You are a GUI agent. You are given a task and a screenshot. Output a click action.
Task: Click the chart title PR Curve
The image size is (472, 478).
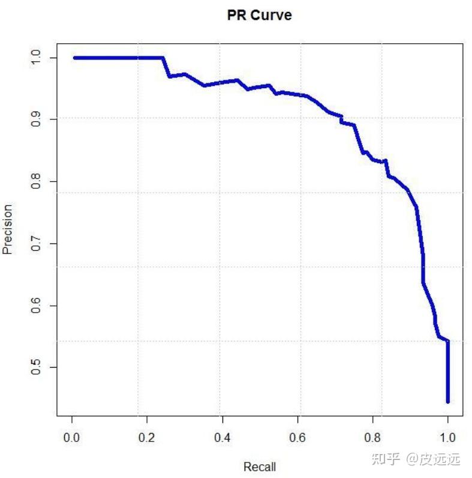[x=260, y=15]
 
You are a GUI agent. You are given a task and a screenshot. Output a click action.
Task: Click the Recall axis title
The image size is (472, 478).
[x=260, y=467]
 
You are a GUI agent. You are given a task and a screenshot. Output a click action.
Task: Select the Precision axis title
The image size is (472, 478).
[x=7, y=229]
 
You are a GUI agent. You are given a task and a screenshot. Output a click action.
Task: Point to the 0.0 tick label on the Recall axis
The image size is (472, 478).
[x=71, y=437]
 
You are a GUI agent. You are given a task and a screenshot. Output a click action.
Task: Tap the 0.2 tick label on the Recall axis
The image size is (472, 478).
[x=147, y=437]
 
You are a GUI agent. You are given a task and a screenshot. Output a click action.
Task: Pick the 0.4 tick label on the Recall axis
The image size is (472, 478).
[x=223, y=437]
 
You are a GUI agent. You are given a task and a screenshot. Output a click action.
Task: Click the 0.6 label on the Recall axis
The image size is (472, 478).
[x=297, y=437]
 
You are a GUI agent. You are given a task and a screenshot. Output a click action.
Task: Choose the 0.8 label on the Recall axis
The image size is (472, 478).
[x=372, y=437]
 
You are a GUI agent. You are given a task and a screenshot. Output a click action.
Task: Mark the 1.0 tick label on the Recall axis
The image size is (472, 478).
[x=447, y=437]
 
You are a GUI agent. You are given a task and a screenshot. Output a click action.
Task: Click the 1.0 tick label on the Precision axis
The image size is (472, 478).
[x=35, y=58]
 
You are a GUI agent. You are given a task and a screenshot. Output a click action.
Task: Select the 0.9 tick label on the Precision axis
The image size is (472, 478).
[x=35, y=119]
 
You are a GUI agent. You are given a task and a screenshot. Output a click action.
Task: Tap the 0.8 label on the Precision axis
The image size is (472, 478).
[x=35, y=181]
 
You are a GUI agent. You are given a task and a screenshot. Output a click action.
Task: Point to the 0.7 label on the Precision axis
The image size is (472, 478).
[x=35, y=243]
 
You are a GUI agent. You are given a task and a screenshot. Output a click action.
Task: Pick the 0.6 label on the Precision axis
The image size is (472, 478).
[x=35, y=305]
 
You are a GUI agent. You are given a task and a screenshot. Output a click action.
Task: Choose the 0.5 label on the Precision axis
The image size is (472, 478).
[x=35, y=367]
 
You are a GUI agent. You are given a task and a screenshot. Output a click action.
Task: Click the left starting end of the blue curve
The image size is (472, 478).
[x=74, y=58]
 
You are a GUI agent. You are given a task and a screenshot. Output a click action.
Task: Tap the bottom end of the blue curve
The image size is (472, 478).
[x=448, y=402]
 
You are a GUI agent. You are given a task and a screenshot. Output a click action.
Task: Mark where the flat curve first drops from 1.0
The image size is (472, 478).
[x=163, y=58]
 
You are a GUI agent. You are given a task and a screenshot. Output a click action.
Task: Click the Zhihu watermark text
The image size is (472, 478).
[x=416, y=459]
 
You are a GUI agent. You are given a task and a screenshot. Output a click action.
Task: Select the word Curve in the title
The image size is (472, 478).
[x=271, y=15]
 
